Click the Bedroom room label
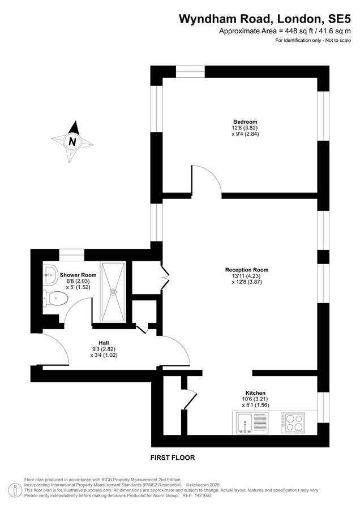click(x=245, y=122)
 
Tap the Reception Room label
click(x=246, y=270)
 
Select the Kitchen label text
click(x=255, y=393)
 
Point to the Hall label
click(x=104, y=342)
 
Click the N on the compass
click(x=72, y=142)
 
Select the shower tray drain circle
click(x=114, y=292)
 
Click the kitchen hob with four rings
click(x=292, y=422)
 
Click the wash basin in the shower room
click(x=50, y=274)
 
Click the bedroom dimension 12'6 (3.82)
click(x=245, y=128)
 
